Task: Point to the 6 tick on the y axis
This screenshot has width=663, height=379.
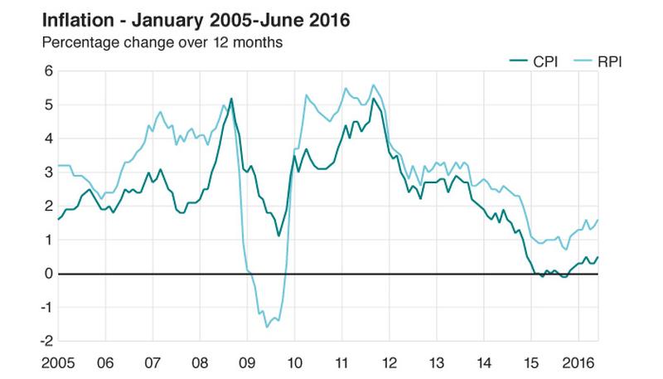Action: [48, 71]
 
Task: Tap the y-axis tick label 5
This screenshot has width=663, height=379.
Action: [48, 105]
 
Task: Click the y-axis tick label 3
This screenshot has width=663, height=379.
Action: [48, 172]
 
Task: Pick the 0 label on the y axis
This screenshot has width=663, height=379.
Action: [48, 274]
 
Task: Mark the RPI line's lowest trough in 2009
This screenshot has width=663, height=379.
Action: [267, 327]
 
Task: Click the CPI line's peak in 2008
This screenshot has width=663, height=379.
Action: [230, 99]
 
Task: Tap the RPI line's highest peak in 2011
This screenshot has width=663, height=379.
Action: [374, 85]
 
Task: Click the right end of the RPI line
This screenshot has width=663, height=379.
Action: [598, 220]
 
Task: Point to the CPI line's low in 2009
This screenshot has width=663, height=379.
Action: [278, 236]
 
